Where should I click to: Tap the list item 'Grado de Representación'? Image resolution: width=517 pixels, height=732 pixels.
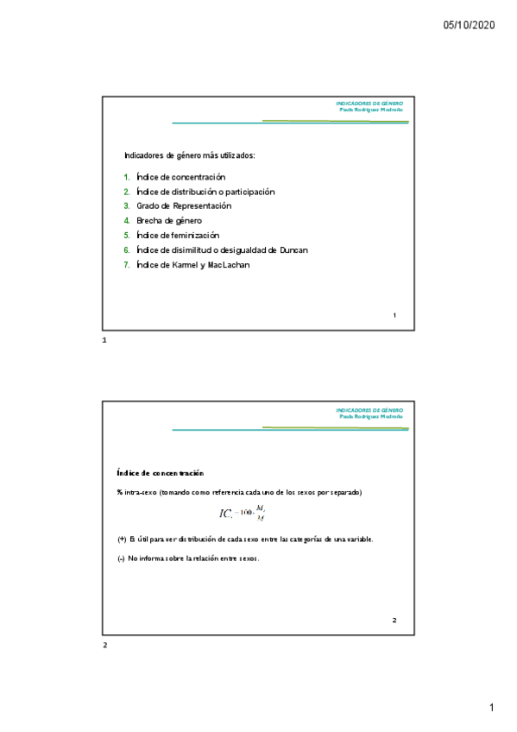click(x=184, y=206)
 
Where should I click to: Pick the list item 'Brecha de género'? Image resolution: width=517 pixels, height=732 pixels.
click(x=169, y=221)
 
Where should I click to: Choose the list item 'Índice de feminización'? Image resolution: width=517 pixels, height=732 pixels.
click(x=178, y=236)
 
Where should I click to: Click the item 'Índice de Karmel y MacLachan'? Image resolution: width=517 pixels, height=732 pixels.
click(x=192, y=265)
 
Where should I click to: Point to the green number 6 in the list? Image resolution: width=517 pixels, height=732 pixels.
click(x=126, y=250)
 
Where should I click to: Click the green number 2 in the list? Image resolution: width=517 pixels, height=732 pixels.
click(x=126, y=192)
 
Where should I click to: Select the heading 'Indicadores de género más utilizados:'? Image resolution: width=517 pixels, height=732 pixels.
click(x=190, y=156)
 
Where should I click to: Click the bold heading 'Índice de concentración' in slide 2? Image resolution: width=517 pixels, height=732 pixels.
click(x=160, y=474)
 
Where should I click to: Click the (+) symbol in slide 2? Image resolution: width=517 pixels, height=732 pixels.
click(x=122, y=540)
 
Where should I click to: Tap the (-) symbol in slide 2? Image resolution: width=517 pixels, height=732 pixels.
click(x=121, y=558)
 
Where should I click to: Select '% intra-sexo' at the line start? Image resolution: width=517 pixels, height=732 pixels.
click(x=130, y=493)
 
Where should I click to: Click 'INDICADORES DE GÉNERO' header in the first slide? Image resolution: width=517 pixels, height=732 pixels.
click(x=369, y=104)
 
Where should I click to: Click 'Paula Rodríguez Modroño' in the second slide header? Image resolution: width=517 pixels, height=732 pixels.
click(x=371, y=417)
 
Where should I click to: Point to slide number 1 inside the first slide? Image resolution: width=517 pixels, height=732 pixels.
click(x=394, y=315)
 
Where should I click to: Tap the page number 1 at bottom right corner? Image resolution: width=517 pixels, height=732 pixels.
click(x=491, y=709)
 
